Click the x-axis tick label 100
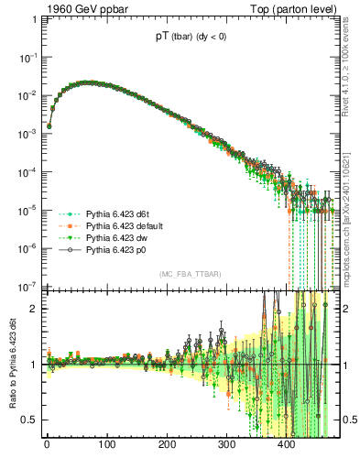[x=107, y=447]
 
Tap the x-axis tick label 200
[x=167, y=447]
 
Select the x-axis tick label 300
[x=227, y=447]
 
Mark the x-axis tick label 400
[x=287, y=447]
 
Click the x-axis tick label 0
[x=47, y=447]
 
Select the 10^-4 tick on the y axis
[x=26, y=171]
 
